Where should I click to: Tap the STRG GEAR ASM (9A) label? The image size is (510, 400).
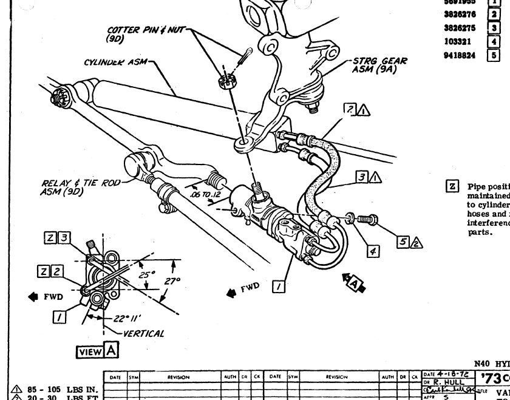(x=379, y=65)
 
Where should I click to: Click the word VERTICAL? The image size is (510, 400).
(x=143, y=333)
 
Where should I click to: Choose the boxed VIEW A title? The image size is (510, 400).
(x=97, y=350)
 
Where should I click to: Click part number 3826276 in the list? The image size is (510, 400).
(x=460, y=13)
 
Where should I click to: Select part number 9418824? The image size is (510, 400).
(x=460, y=55)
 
